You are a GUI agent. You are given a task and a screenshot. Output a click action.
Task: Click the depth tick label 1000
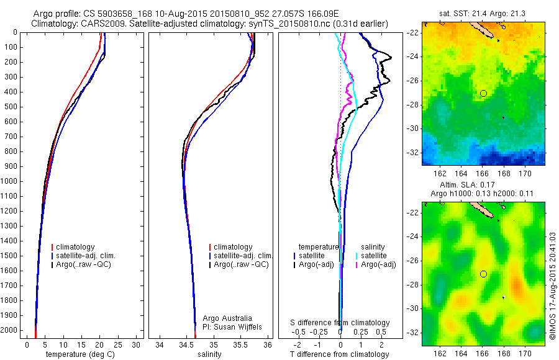click(9, 181)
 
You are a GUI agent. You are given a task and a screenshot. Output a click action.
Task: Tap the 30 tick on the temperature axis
click(137, 344)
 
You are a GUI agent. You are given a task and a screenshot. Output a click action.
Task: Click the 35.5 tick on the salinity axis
click(241, 344)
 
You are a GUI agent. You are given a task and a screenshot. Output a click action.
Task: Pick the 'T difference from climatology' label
click(341, 354)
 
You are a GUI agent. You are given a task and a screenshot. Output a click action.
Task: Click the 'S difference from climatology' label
click(340, 323)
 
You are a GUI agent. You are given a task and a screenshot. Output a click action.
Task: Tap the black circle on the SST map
click(483, 93)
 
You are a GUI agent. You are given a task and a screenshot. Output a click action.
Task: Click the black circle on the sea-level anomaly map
click(483, 274)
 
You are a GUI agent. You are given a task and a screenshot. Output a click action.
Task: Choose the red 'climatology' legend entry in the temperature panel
click(78, 247)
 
